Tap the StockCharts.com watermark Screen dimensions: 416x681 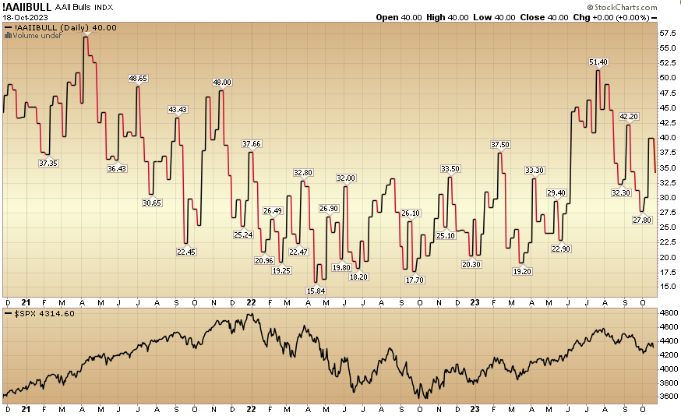click(x=641, y=6)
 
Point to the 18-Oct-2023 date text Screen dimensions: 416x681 click(x=25, y=16)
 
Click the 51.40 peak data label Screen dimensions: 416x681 click(x=598, y=62)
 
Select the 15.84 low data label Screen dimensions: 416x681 click(x=316, y=291)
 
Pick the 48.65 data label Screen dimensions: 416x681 click(x=138, y=78)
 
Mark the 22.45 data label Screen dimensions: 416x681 click(x=185, y=251)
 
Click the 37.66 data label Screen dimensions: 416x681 click(x=252, y=143)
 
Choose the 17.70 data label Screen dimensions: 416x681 click(x=415, y=280)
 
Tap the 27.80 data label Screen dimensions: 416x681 click(x=642, y=220)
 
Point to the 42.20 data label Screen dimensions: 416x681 click(x=628, y=117)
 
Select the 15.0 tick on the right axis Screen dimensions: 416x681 click(x=667, y=287)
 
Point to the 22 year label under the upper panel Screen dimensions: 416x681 click(x=252, y=301)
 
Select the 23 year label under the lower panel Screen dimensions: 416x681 click(x=475, y=409)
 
